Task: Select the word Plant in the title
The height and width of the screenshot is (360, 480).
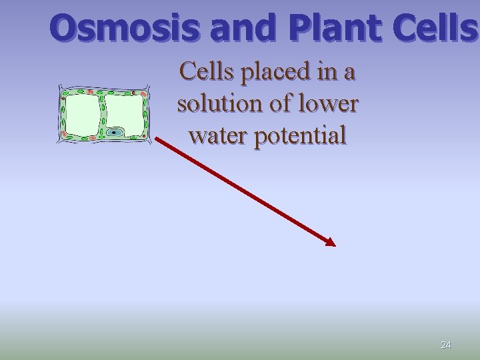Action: point(333,28)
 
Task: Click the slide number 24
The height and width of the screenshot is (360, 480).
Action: point(446,345)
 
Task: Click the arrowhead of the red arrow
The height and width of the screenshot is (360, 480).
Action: point(330,242)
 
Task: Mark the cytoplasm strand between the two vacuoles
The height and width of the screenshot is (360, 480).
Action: point(102,113)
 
